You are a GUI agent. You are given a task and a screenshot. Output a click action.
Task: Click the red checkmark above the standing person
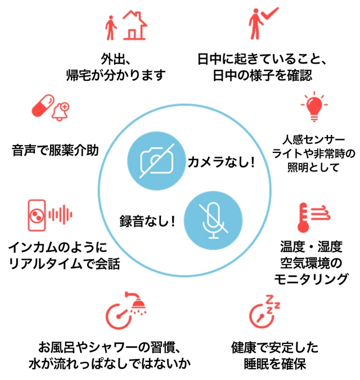tap(268, 12)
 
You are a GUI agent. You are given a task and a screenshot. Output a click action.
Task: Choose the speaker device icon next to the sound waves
tap(37, 215)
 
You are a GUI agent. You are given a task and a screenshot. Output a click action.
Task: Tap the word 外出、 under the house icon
tap(116, 58)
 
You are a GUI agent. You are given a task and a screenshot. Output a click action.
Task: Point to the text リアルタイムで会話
tap(65, 263)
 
